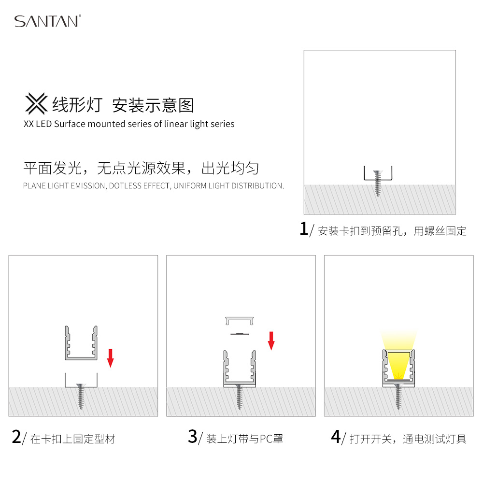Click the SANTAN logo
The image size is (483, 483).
click(x=48, y=21)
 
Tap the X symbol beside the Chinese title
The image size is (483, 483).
click(x=36, y=103)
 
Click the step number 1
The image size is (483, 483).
click(x=304, y=228)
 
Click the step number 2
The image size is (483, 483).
click(x=16, y=437)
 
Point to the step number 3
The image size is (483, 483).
click(x=193, y=437)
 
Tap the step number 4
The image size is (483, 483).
click(x=336, y=437)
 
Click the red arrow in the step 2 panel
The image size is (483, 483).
click(x=110, y=358)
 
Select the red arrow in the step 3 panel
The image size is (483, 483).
click(x=271, y=341)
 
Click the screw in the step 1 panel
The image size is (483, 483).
click(x=378, y=183)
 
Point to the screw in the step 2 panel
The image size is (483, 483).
click(x=81, y=397)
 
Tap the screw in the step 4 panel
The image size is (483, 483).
click(x=398, y=397)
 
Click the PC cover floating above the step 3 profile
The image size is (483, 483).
click(x=240, y=321)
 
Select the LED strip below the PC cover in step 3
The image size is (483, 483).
click(x=240, y=334)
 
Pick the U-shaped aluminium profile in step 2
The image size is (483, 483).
click(x=81, y=343)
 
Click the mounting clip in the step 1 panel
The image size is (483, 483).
click(x=378, y=173)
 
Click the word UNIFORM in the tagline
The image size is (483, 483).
click(x=189, y=186)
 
